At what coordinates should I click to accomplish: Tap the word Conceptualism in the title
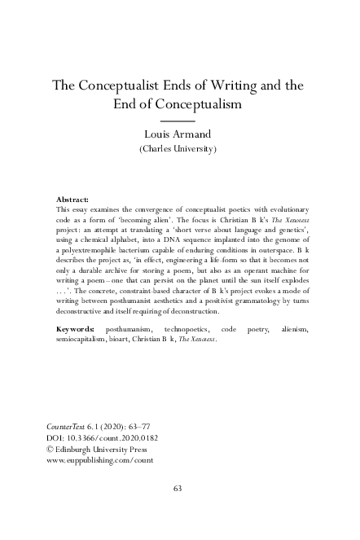coord(200,104)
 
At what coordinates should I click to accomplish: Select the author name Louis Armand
coord(178,135)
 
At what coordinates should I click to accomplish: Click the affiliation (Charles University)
coord(178,150)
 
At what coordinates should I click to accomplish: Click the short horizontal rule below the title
coord(178,120)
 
